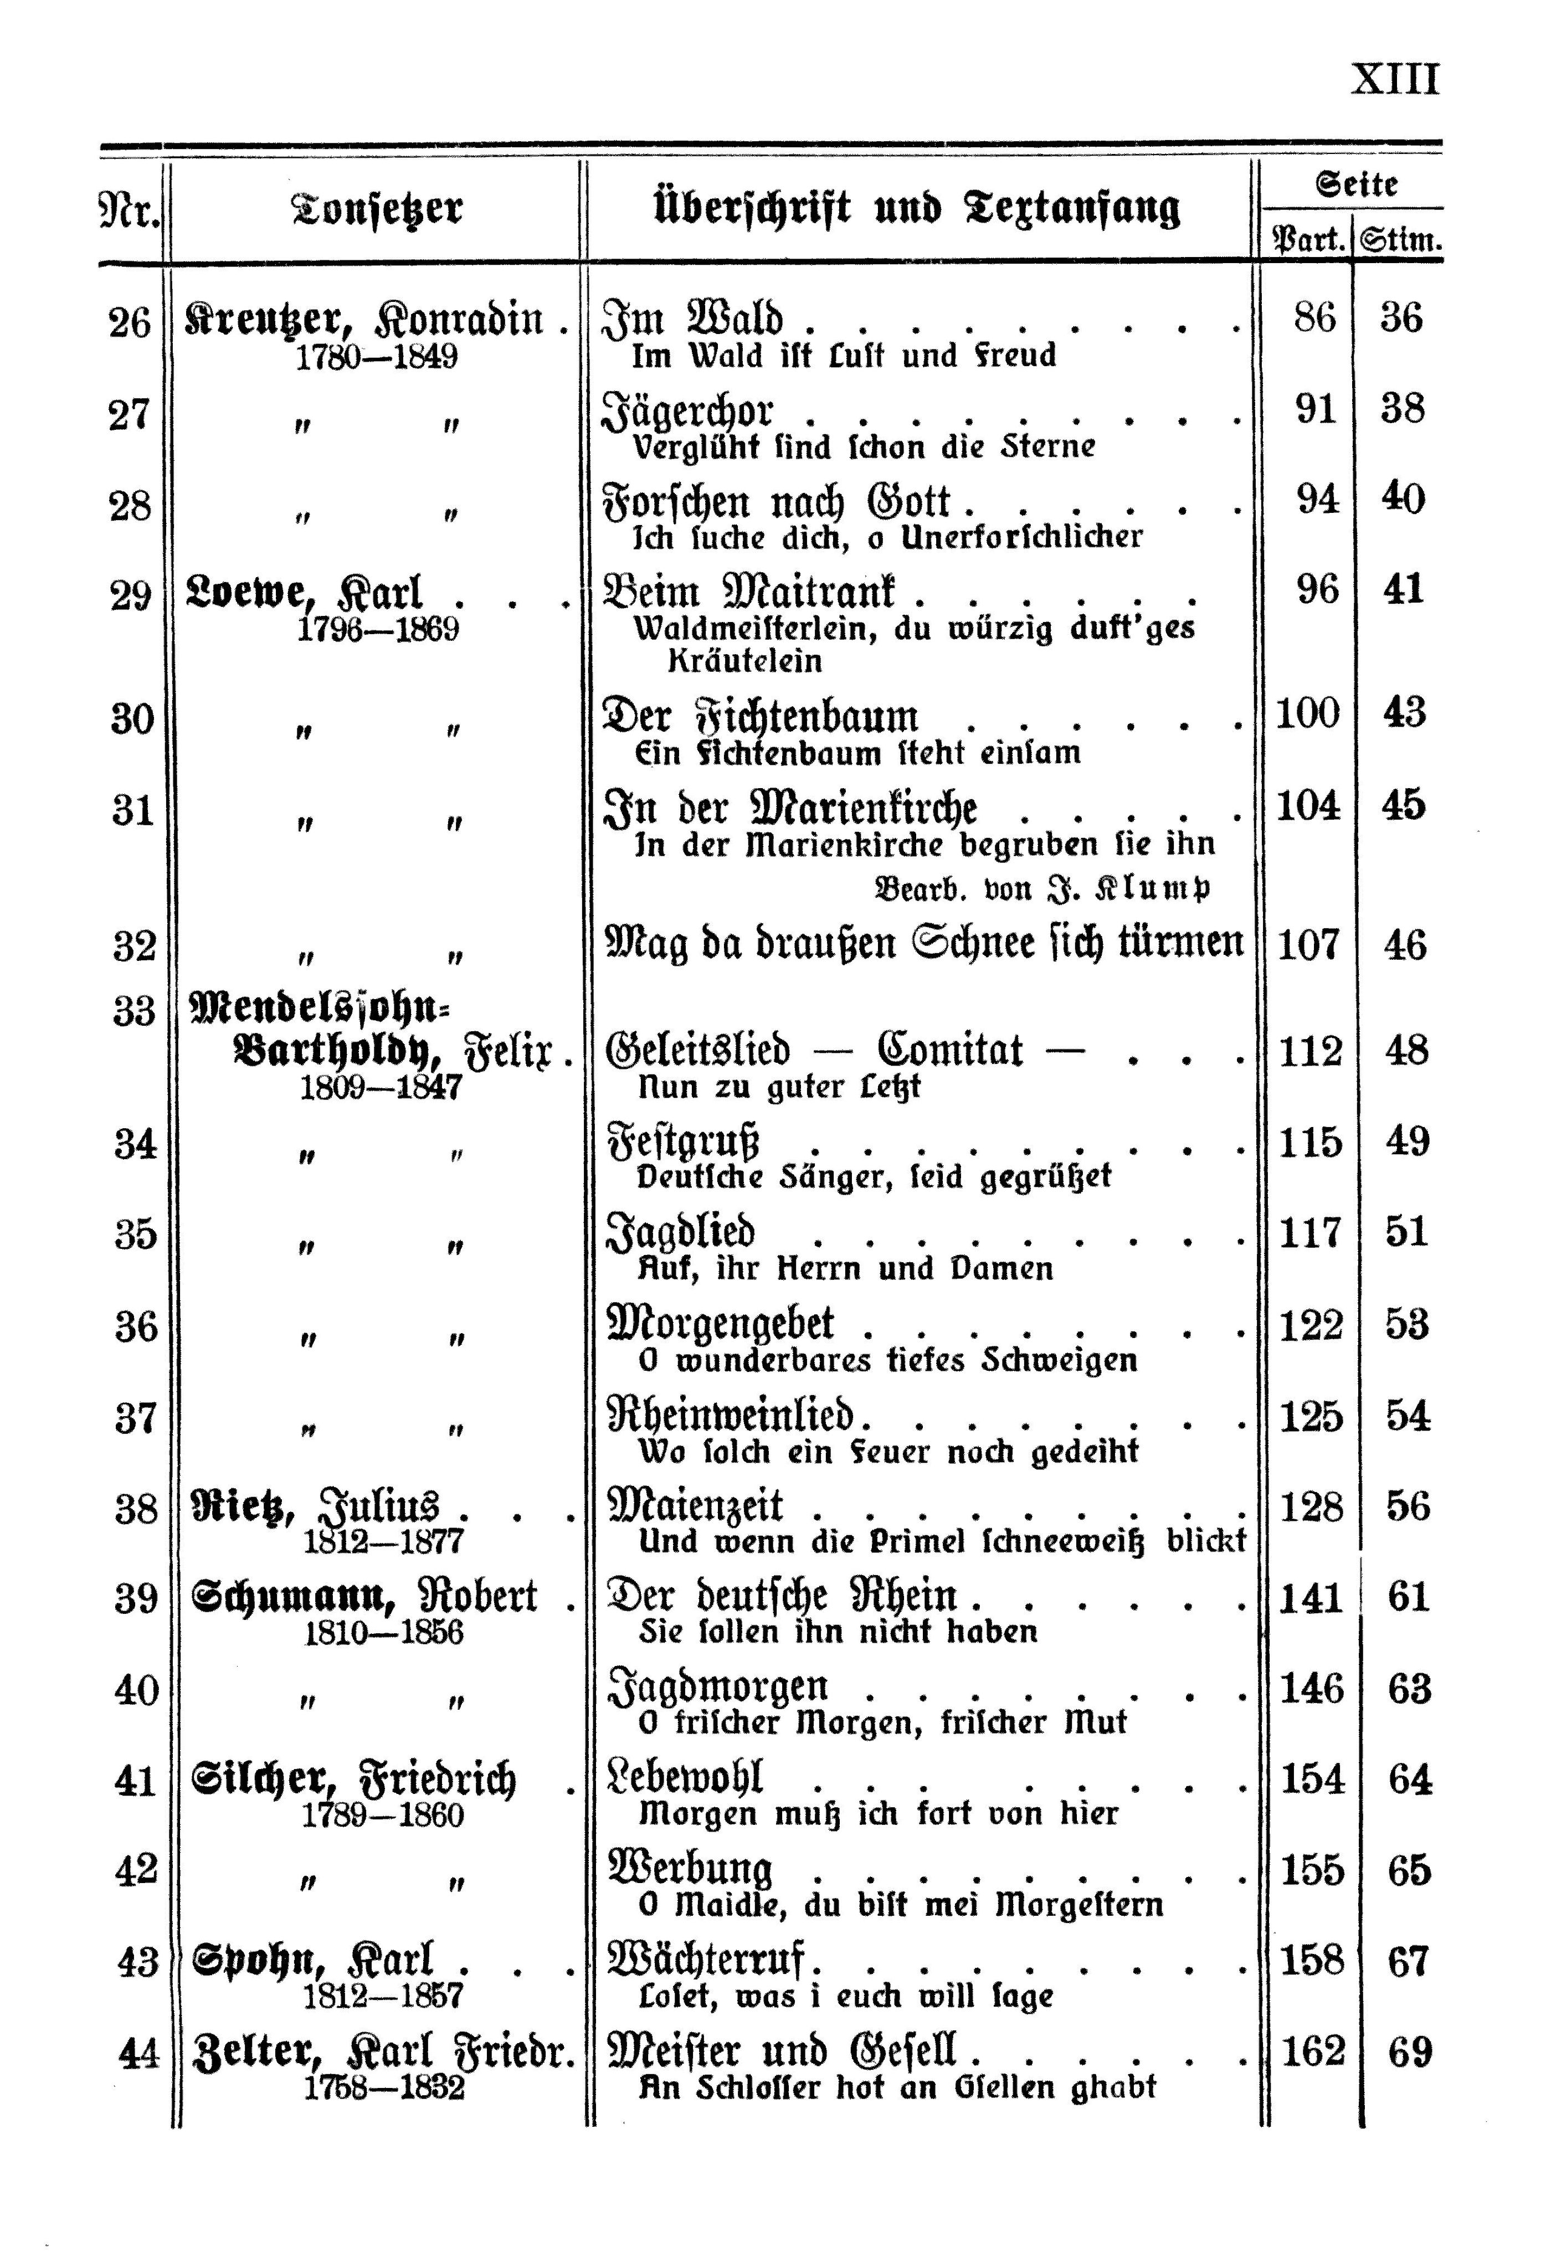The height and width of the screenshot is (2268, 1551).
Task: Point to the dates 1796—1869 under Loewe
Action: [378, 630]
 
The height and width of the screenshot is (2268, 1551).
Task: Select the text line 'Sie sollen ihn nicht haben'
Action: [838, 1632]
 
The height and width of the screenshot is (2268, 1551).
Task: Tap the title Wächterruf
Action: [712, 1962]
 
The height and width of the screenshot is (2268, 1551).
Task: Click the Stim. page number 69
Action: [1409, 2053]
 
